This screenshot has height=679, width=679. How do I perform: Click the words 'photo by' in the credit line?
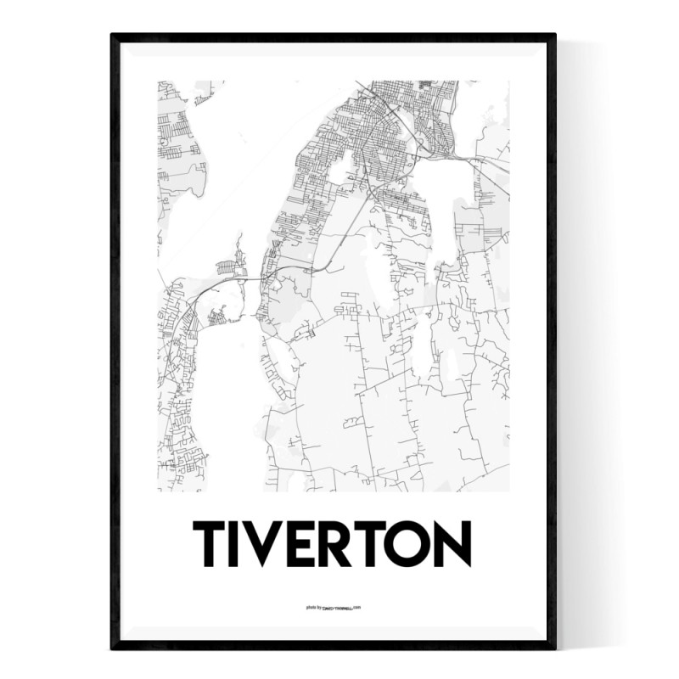tap(313, 607)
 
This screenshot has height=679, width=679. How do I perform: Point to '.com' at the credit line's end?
tap(357, 607)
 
